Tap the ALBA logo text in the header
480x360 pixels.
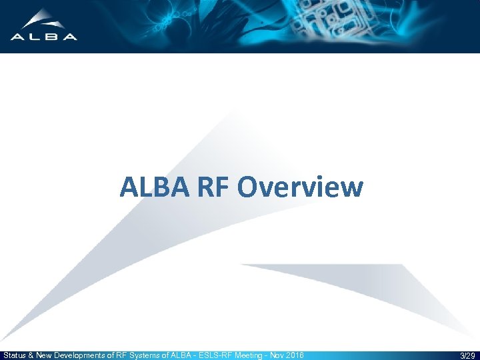pyautogui.click(x=43, y=37)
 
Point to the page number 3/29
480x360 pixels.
pyautogui.click(x=467, y=356)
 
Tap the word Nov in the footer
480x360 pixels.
pyautogui.click(x=276, y=356)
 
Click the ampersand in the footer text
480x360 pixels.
pyautogui.click(x=31, y=356)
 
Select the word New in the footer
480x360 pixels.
pyautogui.click(x=44, y=356)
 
